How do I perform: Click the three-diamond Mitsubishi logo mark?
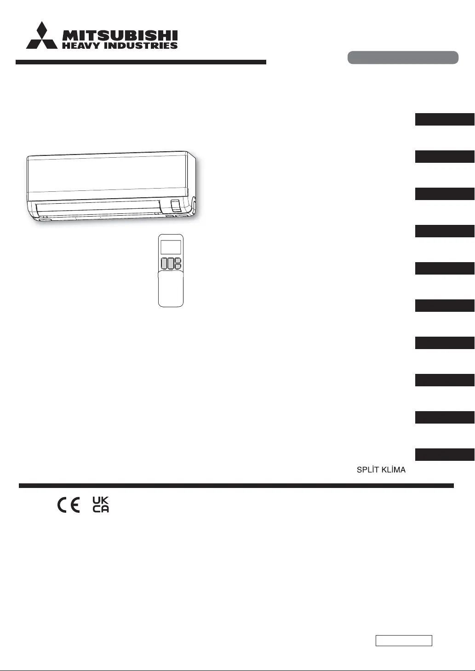pos(42,36)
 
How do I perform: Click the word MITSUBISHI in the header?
pos(120,36)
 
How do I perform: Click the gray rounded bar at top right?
pos(403,57)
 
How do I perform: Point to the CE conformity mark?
pos(69,505)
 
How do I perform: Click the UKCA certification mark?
pos(101,505)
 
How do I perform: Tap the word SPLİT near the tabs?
pos(368,470)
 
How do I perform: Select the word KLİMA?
pos(394,470)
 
